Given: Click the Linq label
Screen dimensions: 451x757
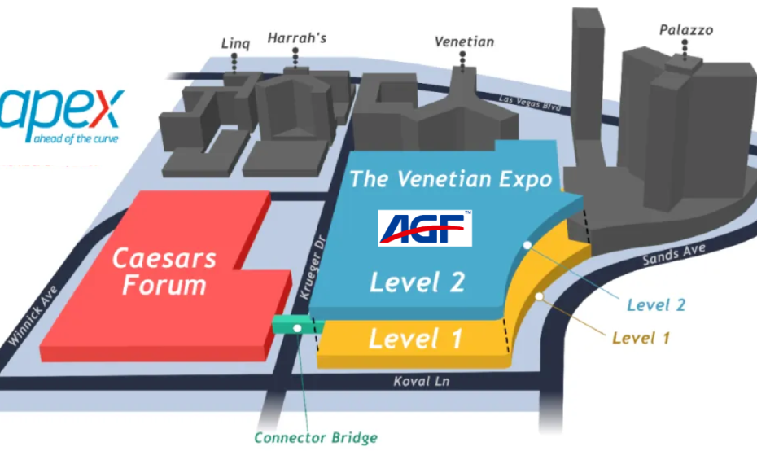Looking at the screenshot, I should pyautogui.click(x=234, y=43).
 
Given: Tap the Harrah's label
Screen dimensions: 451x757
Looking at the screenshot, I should pyautogui.click(x=297, y=37).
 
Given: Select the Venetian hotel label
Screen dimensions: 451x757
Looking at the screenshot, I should pyautogui.click(x=464, y=41).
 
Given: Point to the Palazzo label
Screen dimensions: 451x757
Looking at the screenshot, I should pyautogui.click(x=685, y=30).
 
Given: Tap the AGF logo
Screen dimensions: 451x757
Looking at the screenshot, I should pyautogui.click(x=426, y=227).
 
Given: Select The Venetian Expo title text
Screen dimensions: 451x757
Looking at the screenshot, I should pyautogui.click(x=450, y=178).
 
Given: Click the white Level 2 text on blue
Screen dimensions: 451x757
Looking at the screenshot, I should pyautogui.click(x=418, y=282).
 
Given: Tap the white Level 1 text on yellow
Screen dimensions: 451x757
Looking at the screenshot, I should pyautogui.click(x=415, y=337).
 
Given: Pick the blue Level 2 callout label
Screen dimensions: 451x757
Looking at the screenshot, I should pyautogui.click(x=655, y=304).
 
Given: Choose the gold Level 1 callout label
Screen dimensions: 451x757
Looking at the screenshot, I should pyautogui.click(x=641, y=337).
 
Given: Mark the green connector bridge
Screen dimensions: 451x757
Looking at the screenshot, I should pyautogui.click(x=297, y=327).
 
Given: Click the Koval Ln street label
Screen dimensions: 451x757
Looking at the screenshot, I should pyautogui.click(x=421, y=380).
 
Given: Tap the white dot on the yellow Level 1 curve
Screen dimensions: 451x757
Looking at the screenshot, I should pyautogui.click(x=538, y=295).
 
